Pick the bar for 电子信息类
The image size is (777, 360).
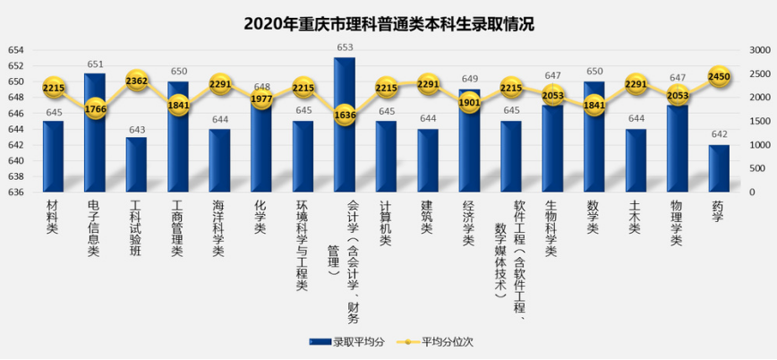pos(95,134)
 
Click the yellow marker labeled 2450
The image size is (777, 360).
pos(719,77)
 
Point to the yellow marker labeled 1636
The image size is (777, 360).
pos(345,115)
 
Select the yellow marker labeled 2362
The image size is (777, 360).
pos(136,81)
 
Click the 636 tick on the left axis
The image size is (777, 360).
pos(15,193)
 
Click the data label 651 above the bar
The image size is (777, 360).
pos(95,64)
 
